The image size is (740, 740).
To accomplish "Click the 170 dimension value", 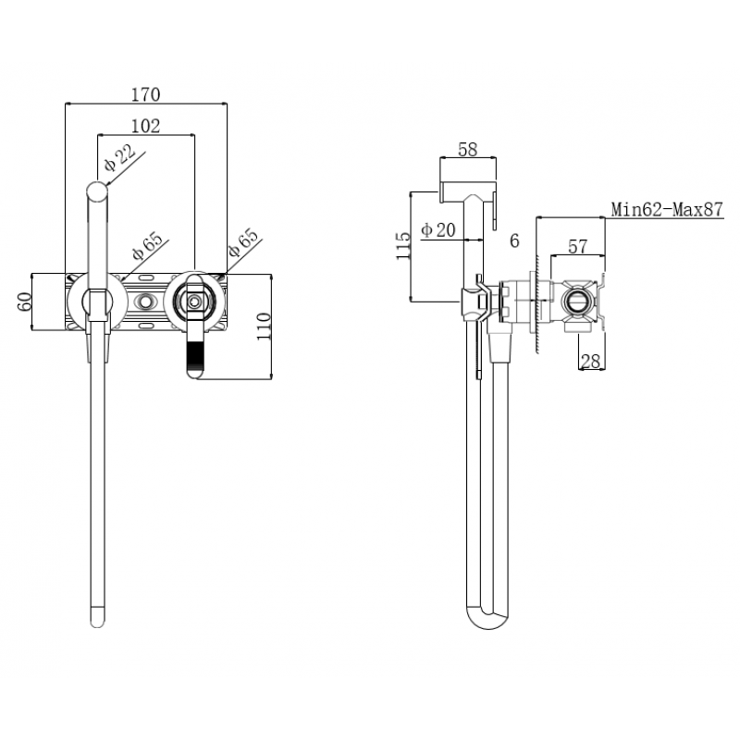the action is pos(145,94).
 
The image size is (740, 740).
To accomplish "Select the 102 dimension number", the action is pos(145,126).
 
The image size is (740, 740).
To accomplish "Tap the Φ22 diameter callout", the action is pos(120,157).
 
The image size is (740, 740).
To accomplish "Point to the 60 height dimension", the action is pos(24,302).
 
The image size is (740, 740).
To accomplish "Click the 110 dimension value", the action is pos(264,327).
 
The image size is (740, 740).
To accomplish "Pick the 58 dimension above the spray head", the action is pos(468,149).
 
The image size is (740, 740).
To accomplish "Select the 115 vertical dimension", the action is pos(403,246).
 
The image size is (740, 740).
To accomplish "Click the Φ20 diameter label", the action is pos(438,229).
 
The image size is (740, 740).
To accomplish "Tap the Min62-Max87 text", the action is pos(667,209).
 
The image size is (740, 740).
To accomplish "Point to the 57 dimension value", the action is pos(577,246).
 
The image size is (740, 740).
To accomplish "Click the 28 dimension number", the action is pos(590,362).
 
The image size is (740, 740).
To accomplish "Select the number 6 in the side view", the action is pos(514,240).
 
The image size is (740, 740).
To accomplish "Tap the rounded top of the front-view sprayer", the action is pos(97,191).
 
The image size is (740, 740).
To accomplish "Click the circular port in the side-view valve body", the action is pos(576,302).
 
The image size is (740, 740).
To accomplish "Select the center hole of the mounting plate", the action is pos(145,301).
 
